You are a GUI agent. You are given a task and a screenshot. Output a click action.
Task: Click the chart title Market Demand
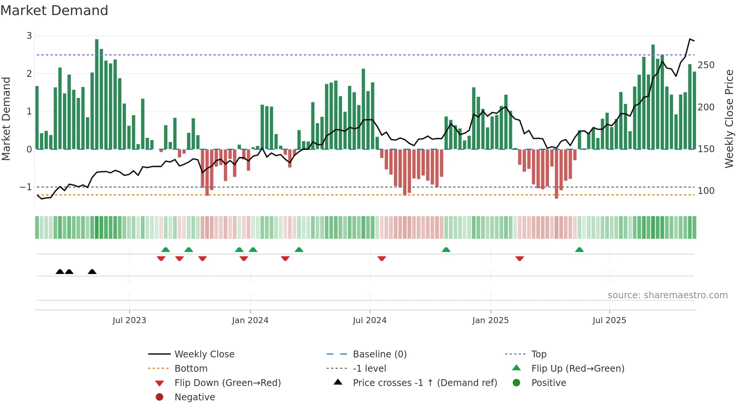pos(54,11)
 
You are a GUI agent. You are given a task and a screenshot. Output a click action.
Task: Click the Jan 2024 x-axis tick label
pos(250,320)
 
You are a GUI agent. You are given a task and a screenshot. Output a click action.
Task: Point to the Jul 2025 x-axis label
pos(609,320)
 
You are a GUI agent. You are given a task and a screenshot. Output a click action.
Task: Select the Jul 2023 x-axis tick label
pos(129,320)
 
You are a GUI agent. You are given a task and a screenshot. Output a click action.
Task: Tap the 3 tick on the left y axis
pos(29,36)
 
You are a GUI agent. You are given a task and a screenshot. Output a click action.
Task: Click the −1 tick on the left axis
pos(26,187)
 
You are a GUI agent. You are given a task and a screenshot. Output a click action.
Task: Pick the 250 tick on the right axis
pos(706,65)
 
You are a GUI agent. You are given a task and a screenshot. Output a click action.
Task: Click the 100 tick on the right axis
pos(706,191)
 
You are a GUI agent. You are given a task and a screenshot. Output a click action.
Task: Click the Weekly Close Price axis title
pos(729,119)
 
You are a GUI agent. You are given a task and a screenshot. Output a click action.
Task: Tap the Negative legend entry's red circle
pos(159,397)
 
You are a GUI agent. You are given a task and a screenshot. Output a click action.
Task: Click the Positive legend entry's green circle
pos(517,383)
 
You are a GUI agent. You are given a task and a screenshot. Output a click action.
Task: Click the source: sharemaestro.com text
pos(667,295)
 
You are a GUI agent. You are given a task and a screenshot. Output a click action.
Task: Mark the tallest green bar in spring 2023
pos(97,94)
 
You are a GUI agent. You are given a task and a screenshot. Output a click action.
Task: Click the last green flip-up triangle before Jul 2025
pos(580,250)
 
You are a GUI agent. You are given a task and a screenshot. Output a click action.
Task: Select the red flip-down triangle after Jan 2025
pos(520,259)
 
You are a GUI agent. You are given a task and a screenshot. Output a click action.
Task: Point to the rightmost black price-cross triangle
pos(92,272)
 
